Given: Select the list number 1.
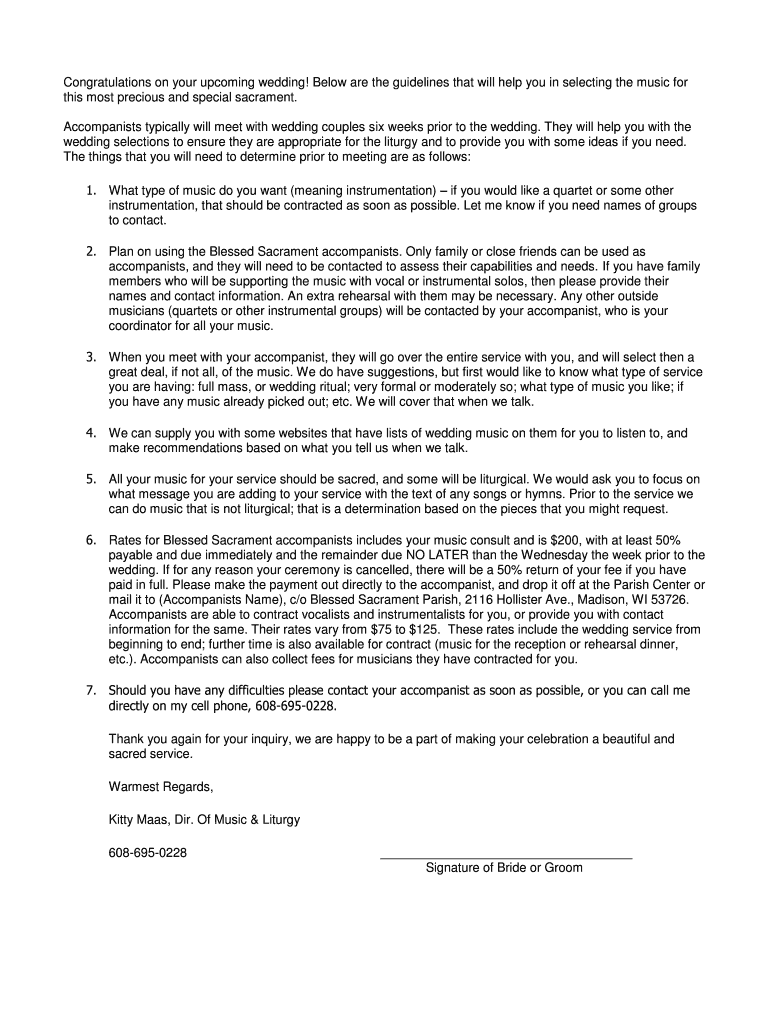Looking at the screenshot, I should tap(89, 191).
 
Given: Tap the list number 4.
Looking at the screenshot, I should tap(89, 433).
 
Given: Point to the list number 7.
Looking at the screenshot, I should tap(89, 691).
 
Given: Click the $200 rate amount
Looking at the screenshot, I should tap(566, 540).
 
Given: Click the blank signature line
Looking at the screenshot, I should tap(505, 857).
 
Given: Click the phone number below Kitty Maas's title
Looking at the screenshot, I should tap(148, 853).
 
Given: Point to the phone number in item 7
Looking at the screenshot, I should tap(296, 706).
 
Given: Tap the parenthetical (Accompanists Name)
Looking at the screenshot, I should tap(214, 599).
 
